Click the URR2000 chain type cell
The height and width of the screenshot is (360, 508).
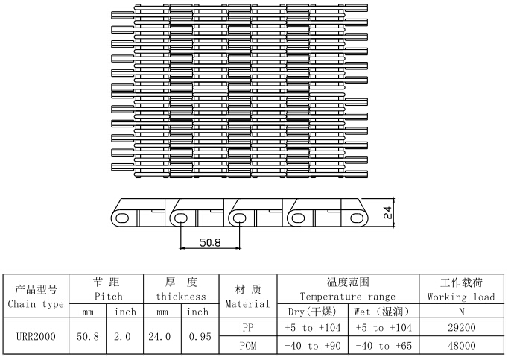pyautogui.click(x=36, y=337)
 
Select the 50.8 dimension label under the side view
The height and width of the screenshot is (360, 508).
pyautogui.click(x=210, y=242)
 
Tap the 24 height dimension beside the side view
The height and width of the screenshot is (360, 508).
pyautogui.click(x=387, y=212)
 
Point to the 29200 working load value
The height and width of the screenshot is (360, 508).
pyautogui.click(x=462, y=327)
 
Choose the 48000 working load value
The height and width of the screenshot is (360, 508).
pyautogui.click(x=462, y=346)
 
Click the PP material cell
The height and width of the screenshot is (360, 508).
pyautogui.click(x=248, y=327)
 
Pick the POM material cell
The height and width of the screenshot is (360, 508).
pyautogui.click(x=248, y=346)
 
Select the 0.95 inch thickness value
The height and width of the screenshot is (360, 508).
pyautogui.click(x=200, y=337)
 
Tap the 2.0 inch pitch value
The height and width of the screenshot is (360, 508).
pyautogui.click(x=122, y=337)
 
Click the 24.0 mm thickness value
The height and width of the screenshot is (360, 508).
pyautogui.click(x=159, y=337)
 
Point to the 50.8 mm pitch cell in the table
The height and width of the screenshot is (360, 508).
pyautogui.click(x=88, y=337)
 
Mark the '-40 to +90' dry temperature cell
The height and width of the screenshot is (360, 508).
pyautogui.click(x=313, y=346)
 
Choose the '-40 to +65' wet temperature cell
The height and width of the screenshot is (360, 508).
pyautogui.click(x=384, y=346)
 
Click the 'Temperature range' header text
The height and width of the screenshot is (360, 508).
pyautogui.click(x=348, y=297)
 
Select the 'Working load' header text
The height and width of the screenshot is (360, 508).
pyautogui.click(x=461, y=297)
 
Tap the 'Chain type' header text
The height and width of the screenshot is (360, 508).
pyautogui.click(x=36, y=304)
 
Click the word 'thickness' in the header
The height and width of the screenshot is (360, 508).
pyautogui.click(x=181, y=297)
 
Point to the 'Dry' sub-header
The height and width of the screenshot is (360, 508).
pyautogui.click(x=295, y=312)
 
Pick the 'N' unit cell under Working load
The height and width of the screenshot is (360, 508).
pyautogui.click(x=462, y=312)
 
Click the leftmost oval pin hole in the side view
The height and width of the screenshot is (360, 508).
pyautogui.click(x=122, y=218)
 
